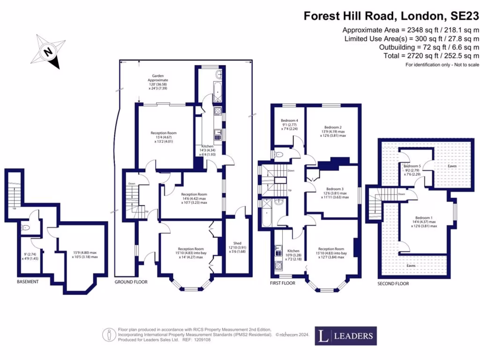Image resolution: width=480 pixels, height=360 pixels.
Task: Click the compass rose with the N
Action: click(x=47, y=51)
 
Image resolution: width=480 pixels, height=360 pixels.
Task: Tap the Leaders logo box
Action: click(x=345, y=336)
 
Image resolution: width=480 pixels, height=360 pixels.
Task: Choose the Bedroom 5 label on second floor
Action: click(x=412, y=166)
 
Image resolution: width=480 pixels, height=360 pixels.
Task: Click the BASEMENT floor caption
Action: click(x=28, y=282)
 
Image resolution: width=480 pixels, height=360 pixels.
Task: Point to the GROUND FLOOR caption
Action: click(x=131, y=282)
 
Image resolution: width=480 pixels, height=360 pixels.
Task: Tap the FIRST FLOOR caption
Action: click(x=283, y=284)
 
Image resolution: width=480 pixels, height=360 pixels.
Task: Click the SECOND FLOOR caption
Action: click(x=393, y=284)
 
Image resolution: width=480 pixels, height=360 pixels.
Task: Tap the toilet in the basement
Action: click(x=26, y=228)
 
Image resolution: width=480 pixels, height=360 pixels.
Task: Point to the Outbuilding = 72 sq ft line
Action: click(x=428, y=47)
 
